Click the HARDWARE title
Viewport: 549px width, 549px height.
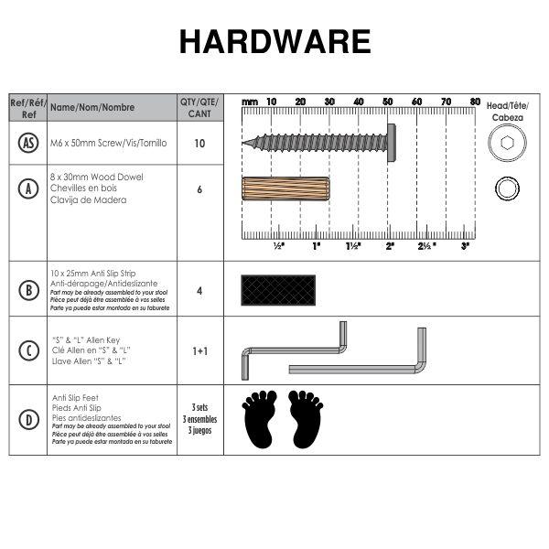coord(274,42)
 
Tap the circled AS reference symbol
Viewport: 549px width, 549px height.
coord(28,143)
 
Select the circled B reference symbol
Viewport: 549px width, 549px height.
coord(28,290)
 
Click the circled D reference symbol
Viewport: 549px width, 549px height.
coord(28,421)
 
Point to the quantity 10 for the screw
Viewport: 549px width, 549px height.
coord(199,144)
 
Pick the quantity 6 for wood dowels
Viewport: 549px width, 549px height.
coord(199,189)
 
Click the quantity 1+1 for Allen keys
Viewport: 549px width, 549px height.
coord(199,350)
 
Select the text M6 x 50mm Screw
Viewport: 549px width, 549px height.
coord(97,143)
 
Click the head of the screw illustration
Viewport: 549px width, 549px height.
coord(391,143)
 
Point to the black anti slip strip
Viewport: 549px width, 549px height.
coord(278,290)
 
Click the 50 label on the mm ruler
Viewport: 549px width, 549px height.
coord(388,101)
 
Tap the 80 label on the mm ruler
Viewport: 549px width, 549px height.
coord(475,101)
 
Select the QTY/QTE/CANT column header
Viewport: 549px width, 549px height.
coord(199,107)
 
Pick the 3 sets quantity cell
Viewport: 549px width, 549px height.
coord(199,418)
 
